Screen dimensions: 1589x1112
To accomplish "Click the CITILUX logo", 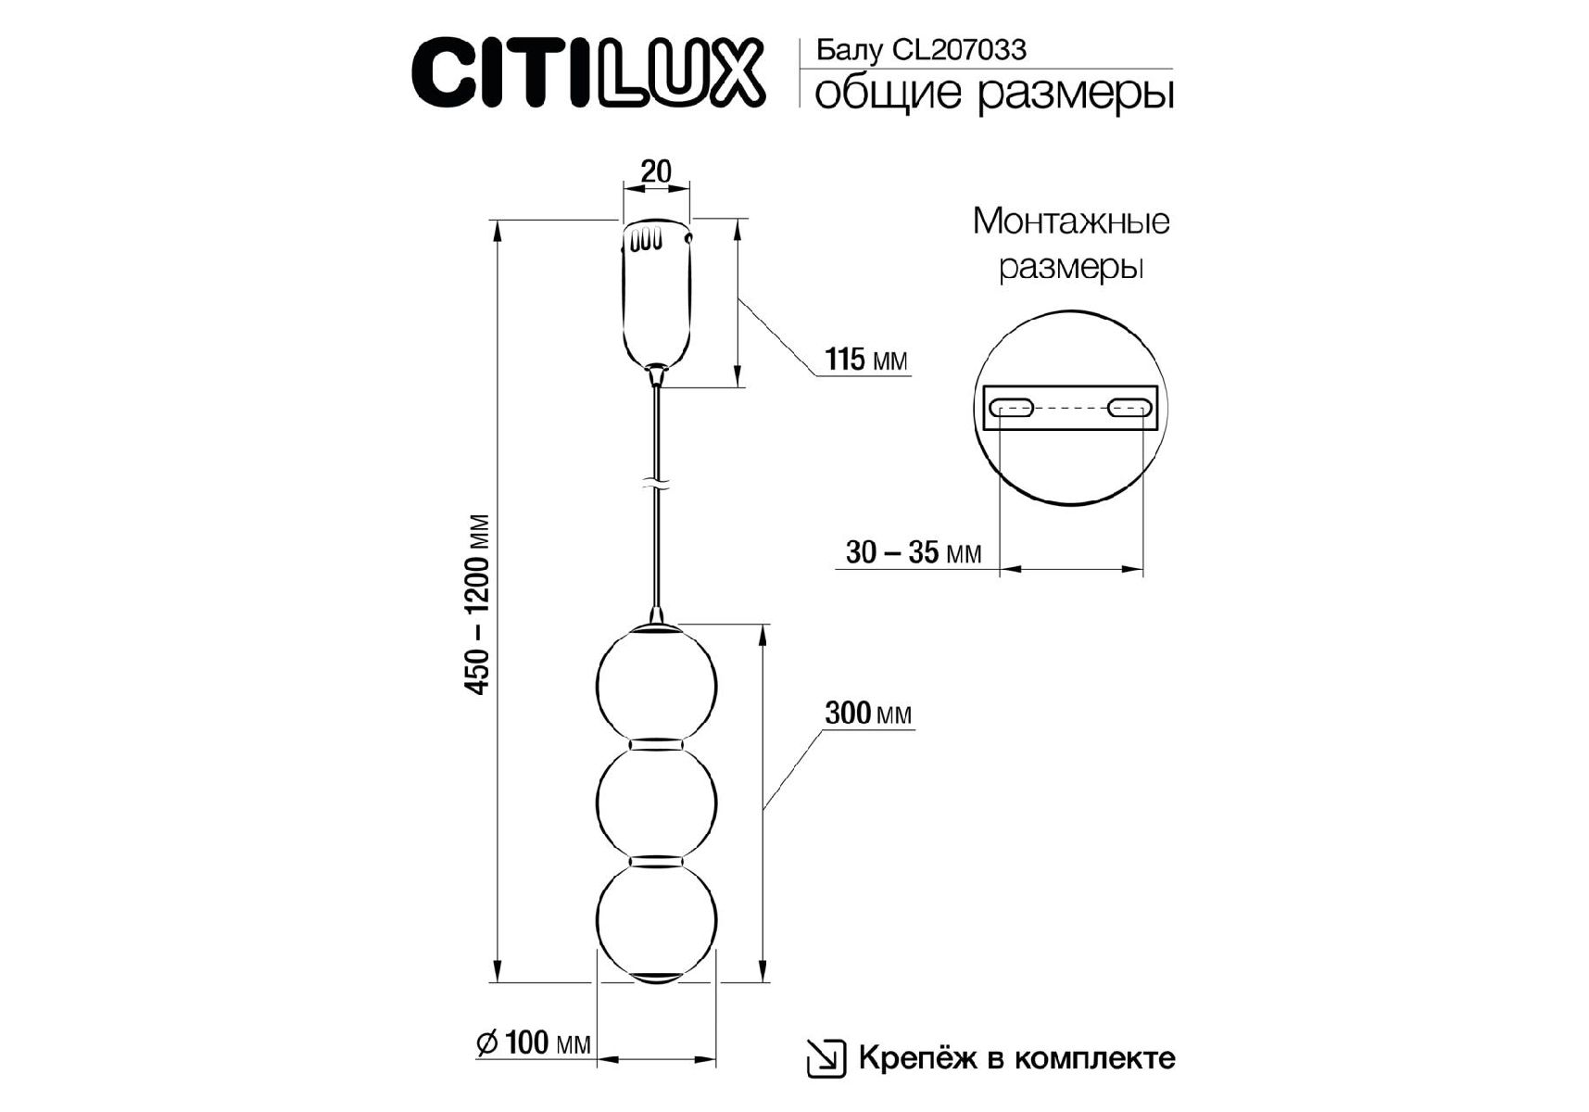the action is coord(588,71).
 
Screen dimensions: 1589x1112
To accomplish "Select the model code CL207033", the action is coord(959,50).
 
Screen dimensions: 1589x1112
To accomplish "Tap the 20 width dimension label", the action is coord(656,171).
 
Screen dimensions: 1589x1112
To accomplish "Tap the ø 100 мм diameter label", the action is coord(534,1042).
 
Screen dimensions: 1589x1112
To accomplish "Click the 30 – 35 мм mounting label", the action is coord(914,552).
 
